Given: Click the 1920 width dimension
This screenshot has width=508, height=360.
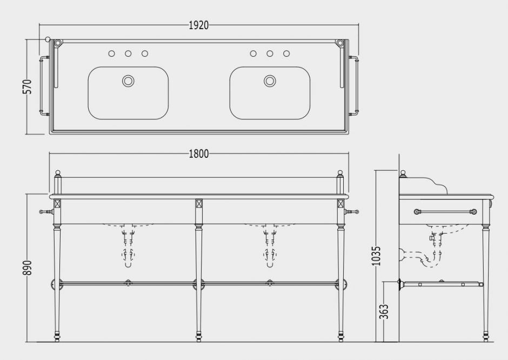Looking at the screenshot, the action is click(x=198, y=25).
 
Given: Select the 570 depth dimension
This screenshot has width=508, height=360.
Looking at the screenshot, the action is click(x=28, y=86).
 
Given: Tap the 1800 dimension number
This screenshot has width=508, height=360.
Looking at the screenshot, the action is click(x=198, y=154).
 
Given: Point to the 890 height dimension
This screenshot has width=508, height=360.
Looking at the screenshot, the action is click(x=28, y=268).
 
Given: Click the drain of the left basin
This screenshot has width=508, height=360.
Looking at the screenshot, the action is click(x=128, y=81).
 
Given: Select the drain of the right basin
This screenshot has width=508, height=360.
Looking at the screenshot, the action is click(x=270, y=81).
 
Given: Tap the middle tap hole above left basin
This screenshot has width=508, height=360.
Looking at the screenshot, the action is click(x=128, y=54).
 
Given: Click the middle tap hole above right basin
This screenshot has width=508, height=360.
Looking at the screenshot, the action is click(x=270, y=54).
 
